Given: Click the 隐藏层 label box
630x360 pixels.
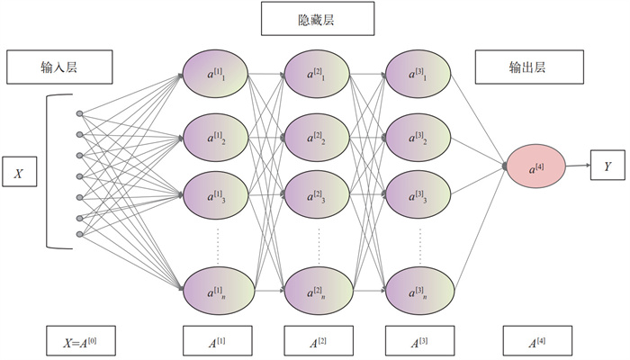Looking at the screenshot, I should (x=315, y=19).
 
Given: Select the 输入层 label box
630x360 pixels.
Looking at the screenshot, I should (x=59, y=67).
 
